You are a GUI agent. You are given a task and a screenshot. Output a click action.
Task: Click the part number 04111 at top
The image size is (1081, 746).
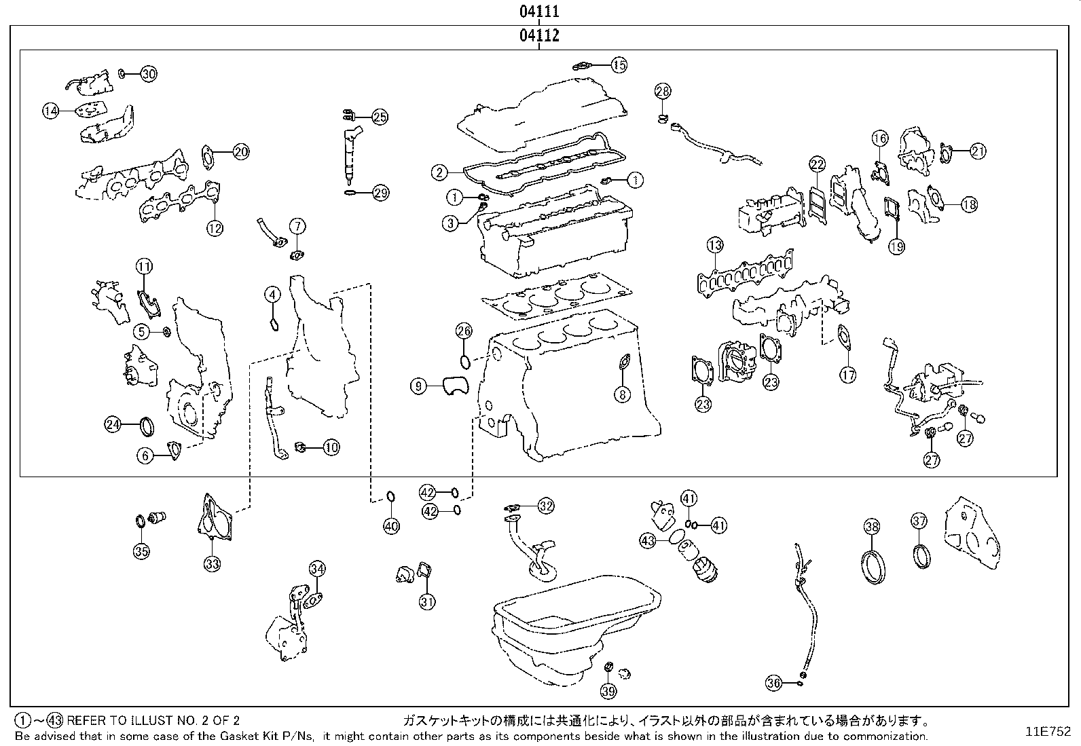[539, 12]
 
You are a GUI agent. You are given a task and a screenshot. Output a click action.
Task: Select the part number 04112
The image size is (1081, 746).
[539, 35]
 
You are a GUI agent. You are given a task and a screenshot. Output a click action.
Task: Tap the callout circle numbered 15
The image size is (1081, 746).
[618, 65]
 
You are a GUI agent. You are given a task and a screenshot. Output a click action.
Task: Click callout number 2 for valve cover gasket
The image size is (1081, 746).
[440, 172]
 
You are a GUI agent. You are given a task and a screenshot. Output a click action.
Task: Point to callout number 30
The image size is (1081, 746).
[148, 74]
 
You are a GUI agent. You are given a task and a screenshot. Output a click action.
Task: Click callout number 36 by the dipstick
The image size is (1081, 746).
[773, 683]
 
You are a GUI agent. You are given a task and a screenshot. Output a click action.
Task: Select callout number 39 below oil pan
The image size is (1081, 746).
[608, 691]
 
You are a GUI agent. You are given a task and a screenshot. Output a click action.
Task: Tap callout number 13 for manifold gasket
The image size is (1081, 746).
[714, 245]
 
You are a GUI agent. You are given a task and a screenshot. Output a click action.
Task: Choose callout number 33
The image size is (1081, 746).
[212, 563]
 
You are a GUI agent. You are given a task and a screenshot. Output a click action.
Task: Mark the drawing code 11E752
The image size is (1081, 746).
[1048, 732]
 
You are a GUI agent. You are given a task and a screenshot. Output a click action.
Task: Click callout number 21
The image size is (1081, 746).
[977, 151]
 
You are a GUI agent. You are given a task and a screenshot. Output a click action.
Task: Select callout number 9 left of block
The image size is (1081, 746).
[419, 386]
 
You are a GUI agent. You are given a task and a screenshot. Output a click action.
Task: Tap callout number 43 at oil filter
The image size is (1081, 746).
[648, 540]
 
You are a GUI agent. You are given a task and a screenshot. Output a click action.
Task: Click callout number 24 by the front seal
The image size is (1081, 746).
[113, 425]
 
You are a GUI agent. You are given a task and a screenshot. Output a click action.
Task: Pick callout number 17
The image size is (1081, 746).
[847, 374]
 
